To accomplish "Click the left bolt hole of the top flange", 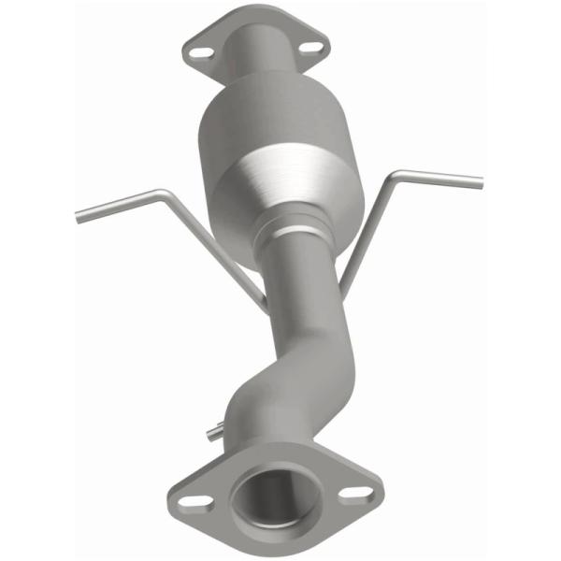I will pos(198,52).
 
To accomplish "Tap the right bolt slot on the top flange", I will pos(311,44).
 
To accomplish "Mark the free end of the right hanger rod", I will pos(479,180).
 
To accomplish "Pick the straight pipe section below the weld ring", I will pos(305,280).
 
